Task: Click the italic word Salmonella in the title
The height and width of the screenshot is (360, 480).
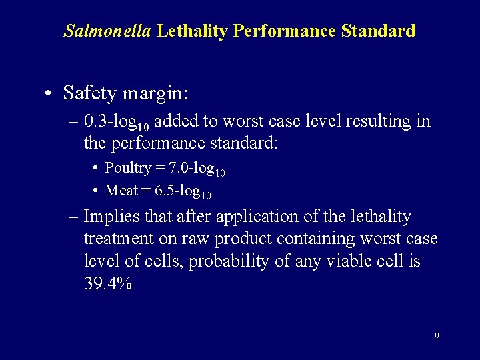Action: tap(107, 31)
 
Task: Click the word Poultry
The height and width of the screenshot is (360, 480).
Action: tap(127, 169)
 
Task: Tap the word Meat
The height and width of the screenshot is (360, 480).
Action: tap(121, 191)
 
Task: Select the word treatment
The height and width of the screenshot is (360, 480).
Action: tap(117, 238)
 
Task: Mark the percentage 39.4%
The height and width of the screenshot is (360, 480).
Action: tap(107, 283)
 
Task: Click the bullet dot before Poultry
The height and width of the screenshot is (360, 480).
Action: tap(96, 169)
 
